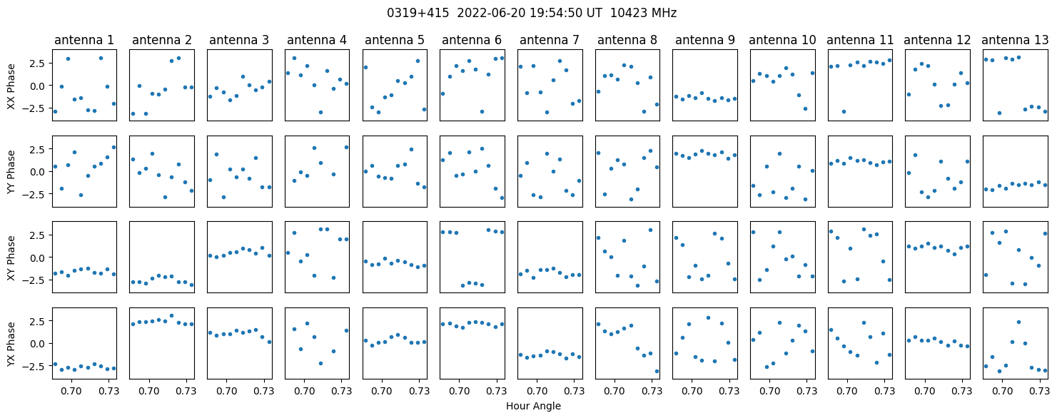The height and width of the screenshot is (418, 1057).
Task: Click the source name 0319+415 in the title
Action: pos(418,13)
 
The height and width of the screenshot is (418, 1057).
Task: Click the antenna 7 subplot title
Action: pos(550,41)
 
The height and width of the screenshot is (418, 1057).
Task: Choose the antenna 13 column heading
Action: pos(1015,41)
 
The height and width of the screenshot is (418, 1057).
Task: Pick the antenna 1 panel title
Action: pos(84,41)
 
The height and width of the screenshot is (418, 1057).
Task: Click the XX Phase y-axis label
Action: pos(11,86)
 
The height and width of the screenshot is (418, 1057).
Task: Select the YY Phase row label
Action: pos(11,172)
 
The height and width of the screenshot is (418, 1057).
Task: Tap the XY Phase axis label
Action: pos(11,258)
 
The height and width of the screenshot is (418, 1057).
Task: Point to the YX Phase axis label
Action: pos(11,343)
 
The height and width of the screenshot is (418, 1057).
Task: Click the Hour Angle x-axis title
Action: pos(533,406)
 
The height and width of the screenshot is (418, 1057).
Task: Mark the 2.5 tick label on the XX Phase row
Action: pos(40,63)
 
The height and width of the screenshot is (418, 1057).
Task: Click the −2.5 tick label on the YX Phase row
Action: pos(37,366)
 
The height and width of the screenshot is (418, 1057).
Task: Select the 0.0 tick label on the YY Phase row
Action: pos(40,172)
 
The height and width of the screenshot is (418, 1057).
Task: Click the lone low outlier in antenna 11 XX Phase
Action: pos(844,112)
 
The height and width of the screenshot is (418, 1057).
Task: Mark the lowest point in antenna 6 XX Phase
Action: pos(482,112)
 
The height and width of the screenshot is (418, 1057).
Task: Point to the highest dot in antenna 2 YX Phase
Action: pos(172,315)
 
